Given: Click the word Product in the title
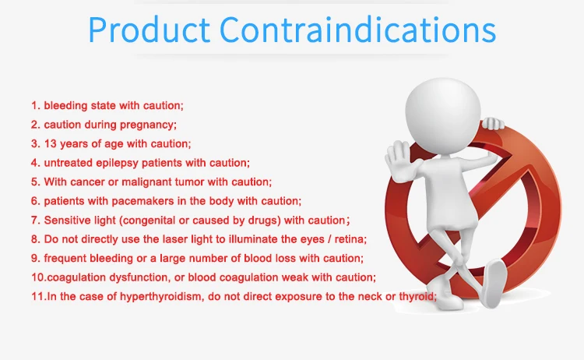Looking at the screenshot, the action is [x=150, y=30].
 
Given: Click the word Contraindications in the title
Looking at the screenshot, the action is [x=358, y=30].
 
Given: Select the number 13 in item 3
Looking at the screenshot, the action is [x=51, y=143].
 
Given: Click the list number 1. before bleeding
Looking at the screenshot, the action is [x=35, y=105].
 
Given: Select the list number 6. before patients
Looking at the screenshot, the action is [x=35, y=201].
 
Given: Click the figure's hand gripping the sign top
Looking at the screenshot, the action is [x=492, y=123].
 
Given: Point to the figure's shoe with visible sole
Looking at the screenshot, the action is [x=494, y=282].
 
